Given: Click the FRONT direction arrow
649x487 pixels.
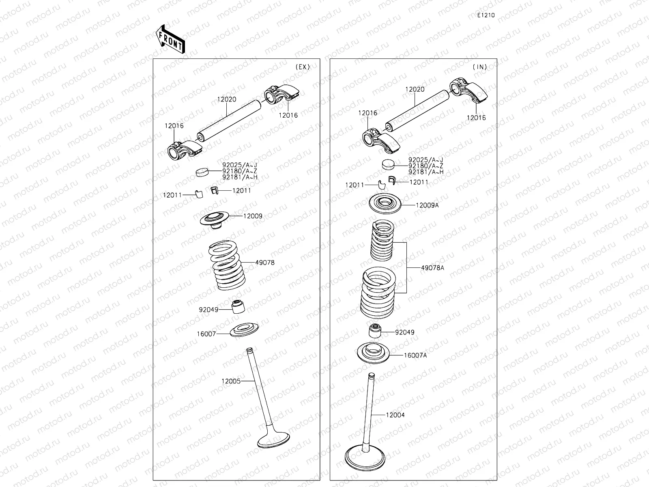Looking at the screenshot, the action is [170, 39].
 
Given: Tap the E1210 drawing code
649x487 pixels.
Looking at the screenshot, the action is [486, 15].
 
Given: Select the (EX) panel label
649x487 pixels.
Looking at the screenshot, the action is [302, 67].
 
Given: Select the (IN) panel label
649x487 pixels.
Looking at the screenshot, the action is [479, 67].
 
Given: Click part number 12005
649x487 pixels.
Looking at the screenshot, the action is [231, 381].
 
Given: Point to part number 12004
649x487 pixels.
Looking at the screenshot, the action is [395, 415].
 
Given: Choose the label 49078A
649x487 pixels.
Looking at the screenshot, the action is [432, 268].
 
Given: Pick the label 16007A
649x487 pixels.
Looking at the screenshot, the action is [415, 356].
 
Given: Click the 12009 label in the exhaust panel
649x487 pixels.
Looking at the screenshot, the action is [253, 216].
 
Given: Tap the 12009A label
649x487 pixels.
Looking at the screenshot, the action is [427, 205].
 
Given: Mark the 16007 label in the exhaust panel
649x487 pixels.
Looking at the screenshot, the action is [206, 334].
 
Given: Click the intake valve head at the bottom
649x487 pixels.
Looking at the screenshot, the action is [365, 458].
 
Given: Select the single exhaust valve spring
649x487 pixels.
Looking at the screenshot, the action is [227, 266].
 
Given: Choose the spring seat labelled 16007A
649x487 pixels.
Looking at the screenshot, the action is [373, 351].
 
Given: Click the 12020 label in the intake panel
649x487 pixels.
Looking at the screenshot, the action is [415, 89].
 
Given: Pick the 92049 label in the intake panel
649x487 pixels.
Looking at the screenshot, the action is [405, 332].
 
